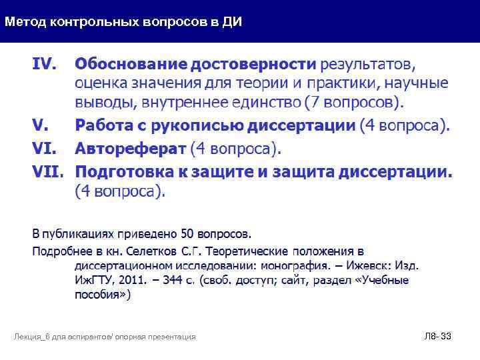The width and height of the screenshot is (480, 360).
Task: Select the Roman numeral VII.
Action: [x=48, y=172]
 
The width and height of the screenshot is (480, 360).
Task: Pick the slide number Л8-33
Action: [x=437, y=337]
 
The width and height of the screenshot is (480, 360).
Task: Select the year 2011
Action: [x=122, y=280]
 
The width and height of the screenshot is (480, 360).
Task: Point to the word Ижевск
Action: [x=364, y=265]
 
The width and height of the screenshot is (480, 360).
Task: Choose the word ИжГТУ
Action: [x=93, y=280]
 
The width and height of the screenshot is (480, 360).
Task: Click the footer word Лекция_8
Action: [x=33, y=337]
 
